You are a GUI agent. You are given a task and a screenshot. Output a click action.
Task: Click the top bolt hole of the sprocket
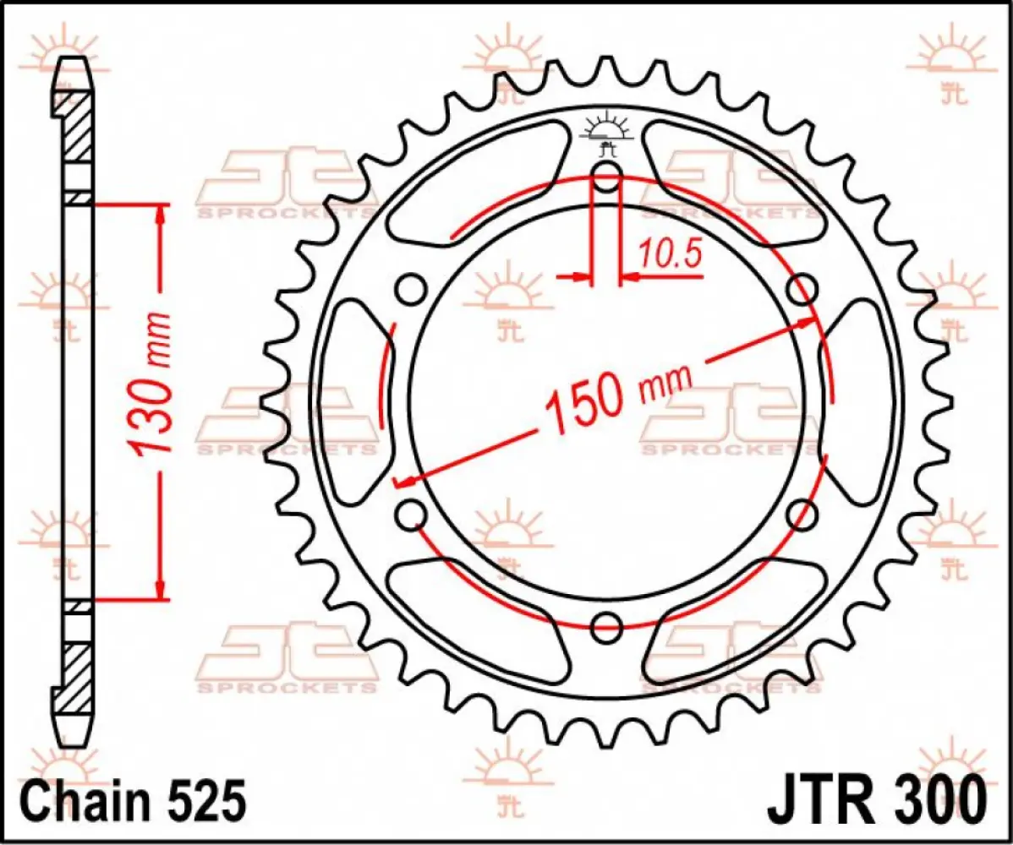(x=606, y=178)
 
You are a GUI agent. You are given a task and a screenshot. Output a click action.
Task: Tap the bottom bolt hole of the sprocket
(x=606, y=627)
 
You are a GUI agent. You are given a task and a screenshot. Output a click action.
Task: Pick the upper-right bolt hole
(x=802, y=290)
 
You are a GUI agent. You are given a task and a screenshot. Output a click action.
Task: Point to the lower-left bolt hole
(x=412, y=515)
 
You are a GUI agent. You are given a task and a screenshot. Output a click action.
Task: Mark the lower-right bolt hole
(x=802, y=515)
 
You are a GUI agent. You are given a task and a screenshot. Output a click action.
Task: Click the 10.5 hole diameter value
(x=671, y=253)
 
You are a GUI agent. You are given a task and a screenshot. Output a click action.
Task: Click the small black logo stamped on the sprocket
(x=606, y=136)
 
